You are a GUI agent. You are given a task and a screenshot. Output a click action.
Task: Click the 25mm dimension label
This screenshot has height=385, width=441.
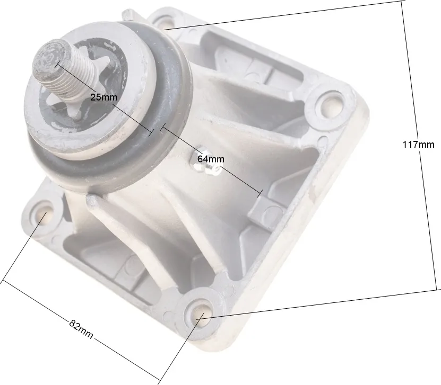click(x=103, y=97)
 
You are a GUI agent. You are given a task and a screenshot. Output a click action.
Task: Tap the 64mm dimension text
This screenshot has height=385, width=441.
click(x=211, y=159)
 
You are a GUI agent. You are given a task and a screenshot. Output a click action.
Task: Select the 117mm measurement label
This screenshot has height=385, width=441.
click(x=418, y=145)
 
